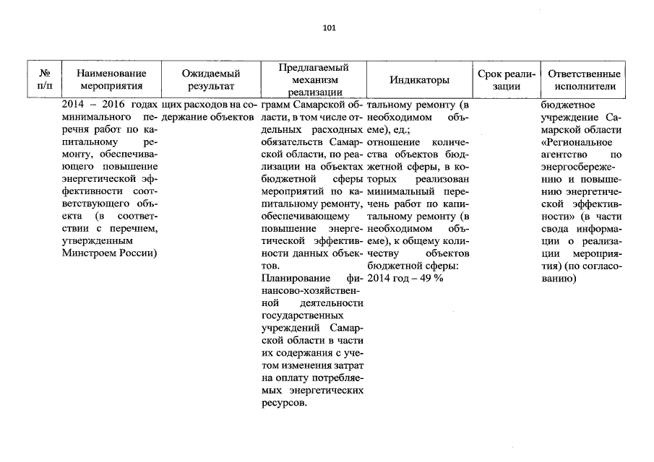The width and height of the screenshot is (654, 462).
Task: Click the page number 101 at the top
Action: coord(329,28)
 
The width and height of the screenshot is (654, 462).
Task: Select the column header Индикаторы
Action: coord(419,79)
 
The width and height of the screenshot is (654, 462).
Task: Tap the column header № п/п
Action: coord(44,79)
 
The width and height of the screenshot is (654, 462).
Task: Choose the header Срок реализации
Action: coord(506,79)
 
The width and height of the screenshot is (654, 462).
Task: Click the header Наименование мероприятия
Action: coord(111,79)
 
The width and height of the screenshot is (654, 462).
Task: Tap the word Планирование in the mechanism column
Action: coord(291,278)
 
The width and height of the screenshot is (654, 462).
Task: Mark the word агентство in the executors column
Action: coord(564,154)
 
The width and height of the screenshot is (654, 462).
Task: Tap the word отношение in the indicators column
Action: coord(391,142)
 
